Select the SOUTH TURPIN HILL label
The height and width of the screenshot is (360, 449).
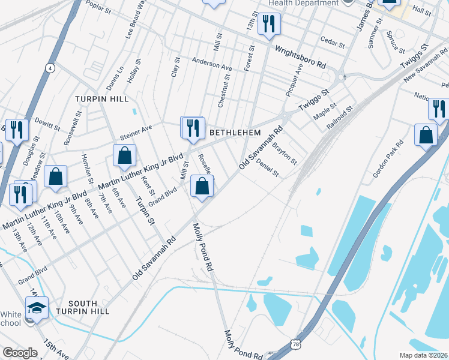click(x=89, y=308)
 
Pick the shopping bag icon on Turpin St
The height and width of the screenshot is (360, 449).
click(x=124, y=156)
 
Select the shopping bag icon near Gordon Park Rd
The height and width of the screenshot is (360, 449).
click(x=426, y=136)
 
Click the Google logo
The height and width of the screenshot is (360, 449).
click(x=20, y=353)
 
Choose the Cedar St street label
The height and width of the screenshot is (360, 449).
click(x=333, y=43)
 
